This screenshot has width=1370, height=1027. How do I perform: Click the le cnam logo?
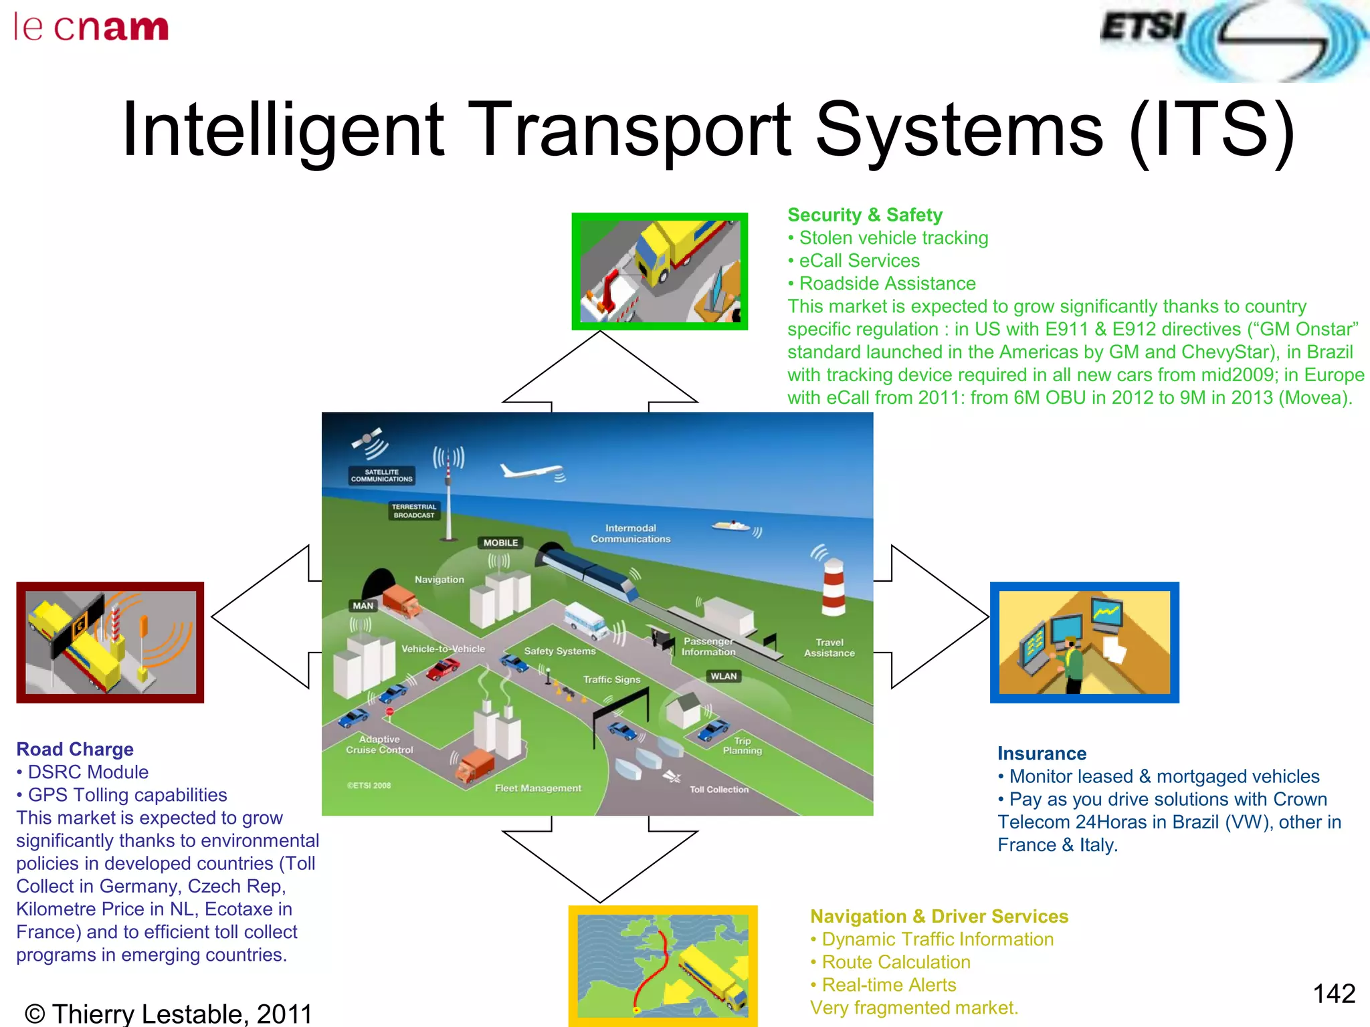(x=91, y=28)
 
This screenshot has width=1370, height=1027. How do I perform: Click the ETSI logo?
(x=1232, y=40)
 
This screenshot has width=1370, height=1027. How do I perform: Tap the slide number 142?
(x=1333, y=994)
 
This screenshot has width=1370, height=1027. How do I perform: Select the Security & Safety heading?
(x=864, y=215)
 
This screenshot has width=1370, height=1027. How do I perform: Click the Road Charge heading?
(x=75, y=749)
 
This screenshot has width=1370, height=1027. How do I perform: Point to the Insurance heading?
(x=1042, y=754)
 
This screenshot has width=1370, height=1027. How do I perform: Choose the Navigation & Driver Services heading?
(x=939, y=916)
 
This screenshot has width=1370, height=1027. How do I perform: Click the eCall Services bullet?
(x=858, y=261)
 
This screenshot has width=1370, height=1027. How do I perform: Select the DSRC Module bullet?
(x=87, y=772)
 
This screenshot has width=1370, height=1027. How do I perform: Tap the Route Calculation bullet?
(x=895, y=962)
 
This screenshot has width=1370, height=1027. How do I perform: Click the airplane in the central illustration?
(x=532, y=471)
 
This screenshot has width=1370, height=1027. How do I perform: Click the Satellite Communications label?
(x=381, y=475)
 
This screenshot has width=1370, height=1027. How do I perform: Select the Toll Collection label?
(x=719, y=790)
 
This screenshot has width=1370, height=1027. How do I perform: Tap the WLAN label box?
(x=724, y=676)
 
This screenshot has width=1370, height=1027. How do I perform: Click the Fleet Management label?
(x=538, y=788)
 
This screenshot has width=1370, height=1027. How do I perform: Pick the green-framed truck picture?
(x=660, y=271)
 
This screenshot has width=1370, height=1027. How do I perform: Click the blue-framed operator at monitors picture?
(x=1084, y=643)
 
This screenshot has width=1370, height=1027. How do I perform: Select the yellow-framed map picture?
(x=662, y=965)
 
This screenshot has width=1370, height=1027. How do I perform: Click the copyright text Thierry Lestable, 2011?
(x=169, y=1014)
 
